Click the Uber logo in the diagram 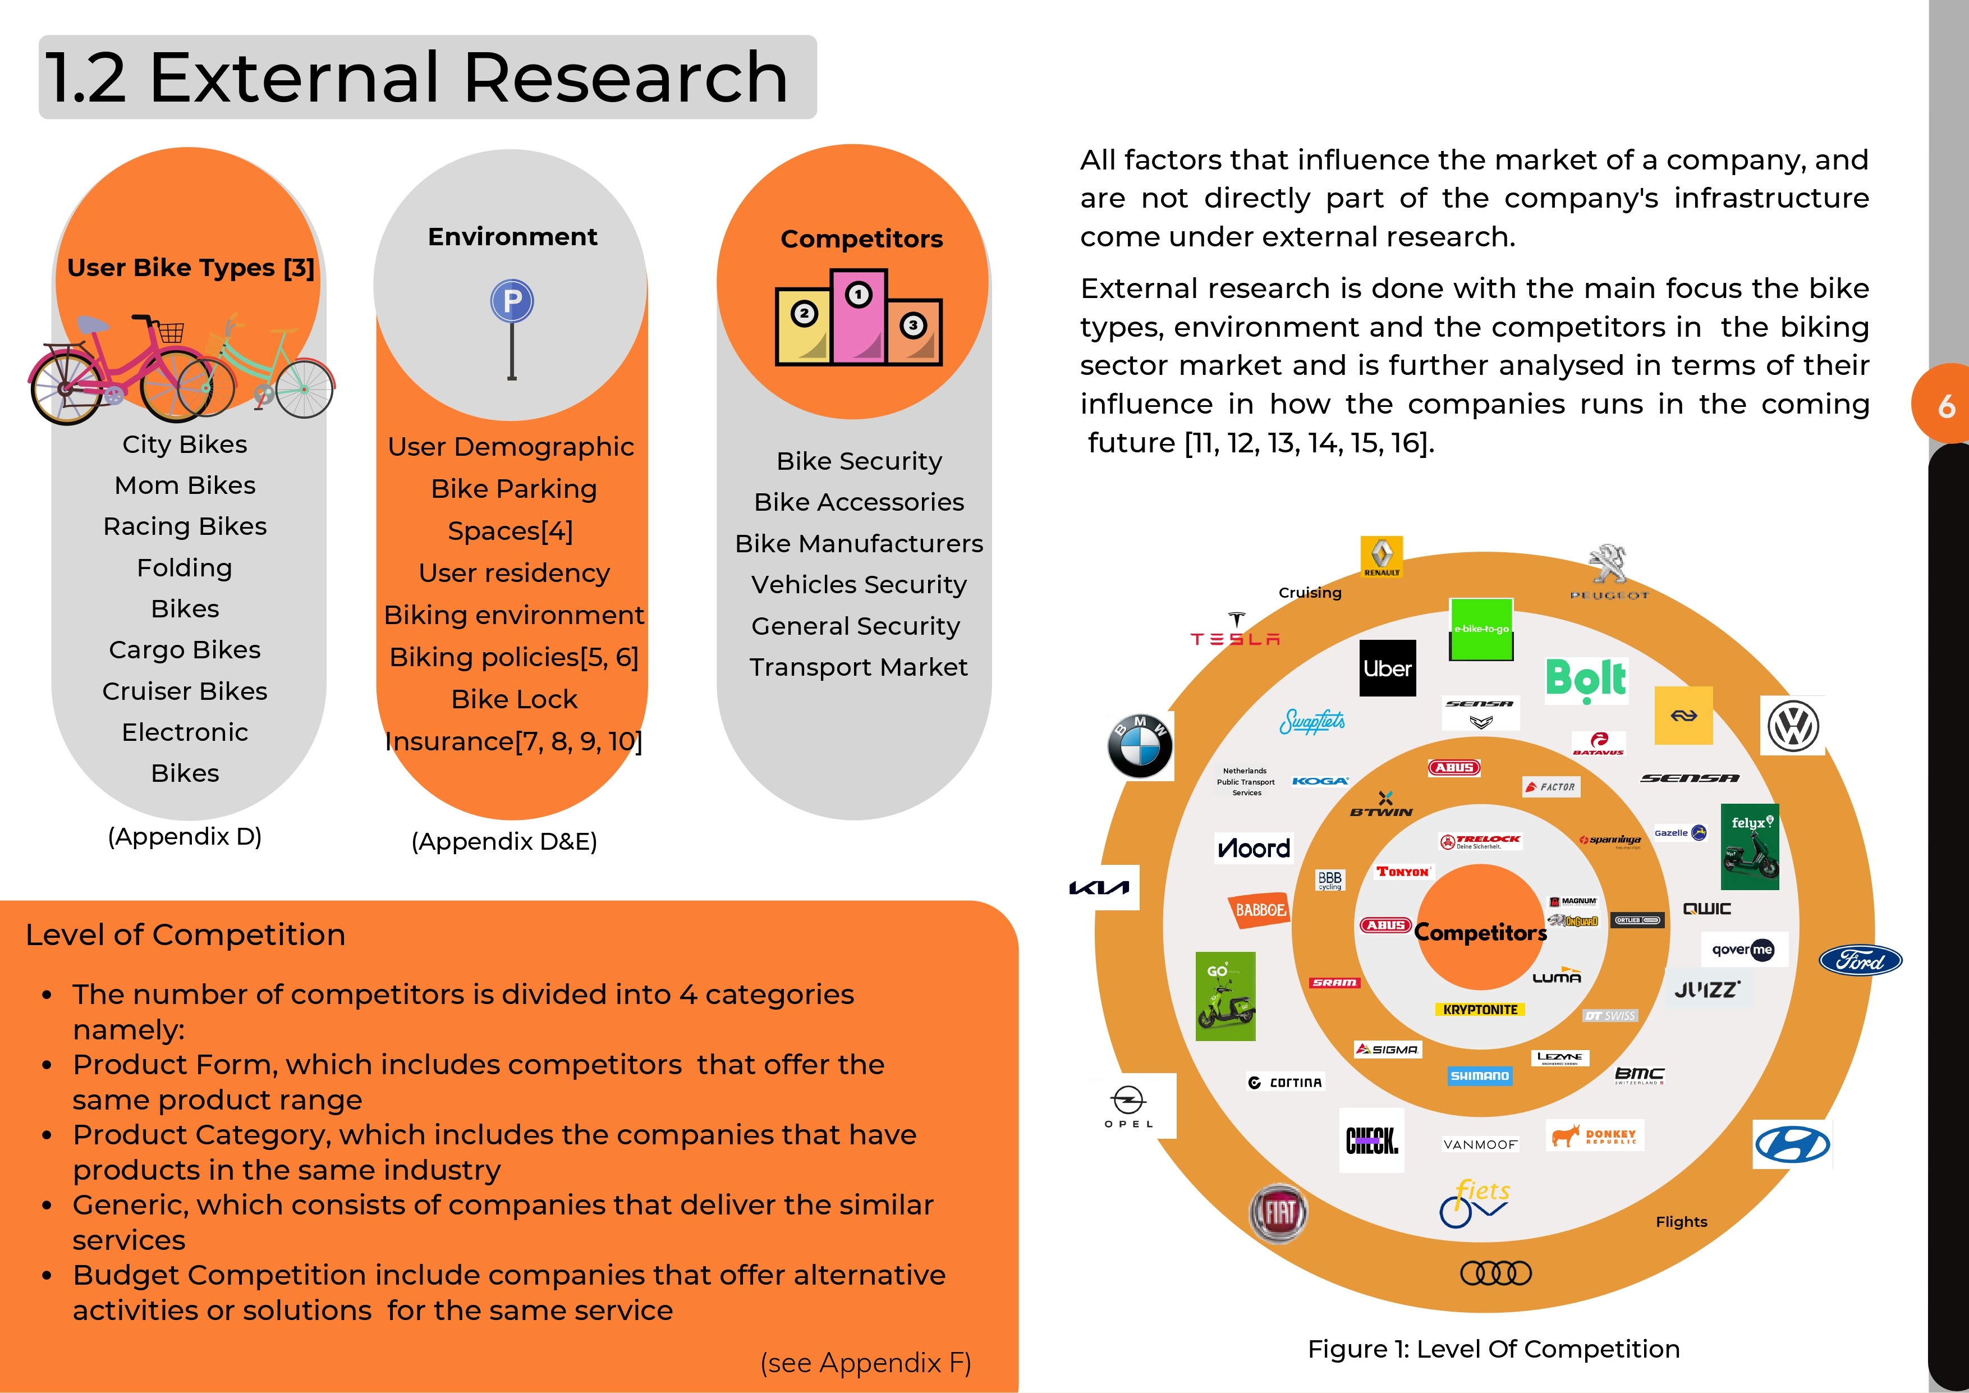point(1388,668)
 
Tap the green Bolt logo point(1586,679)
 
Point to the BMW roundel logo point(1140,745)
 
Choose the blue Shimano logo point(1479,1076)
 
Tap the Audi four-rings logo point(1495,1273)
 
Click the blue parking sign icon point(512,302)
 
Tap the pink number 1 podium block point(859,317)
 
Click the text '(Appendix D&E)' point(504,841)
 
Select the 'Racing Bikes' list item point(185,526)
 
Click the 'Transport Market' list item point(859,667)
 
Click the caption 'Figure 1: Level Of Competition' point(1493,1349)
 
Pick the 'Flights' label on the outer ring point(1681,1221)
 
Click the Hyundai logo point(1792,1144)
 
